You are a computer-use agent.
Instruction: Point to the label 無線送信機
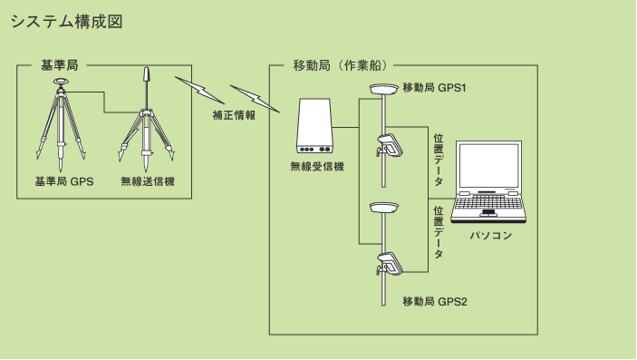pos(148,181)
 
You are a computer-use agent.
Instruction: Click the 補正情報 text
pos(234,115)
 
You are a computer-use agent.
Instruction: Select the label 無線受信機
pos(316,167)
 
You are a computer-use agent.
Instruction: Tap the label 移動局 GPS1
pos(433,87)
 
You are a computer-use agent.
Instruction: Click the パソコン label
pos(491,236)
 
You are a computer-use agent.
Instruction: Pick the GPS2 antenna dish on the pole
pos(384,206)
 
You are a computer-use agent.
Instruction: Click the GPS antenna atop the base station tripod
pos(62,82)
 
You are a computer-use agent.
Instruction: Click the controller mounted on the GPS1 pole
pos(391,145)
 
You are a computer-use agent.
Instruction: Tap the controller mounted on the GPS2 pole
pos(391,262)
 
